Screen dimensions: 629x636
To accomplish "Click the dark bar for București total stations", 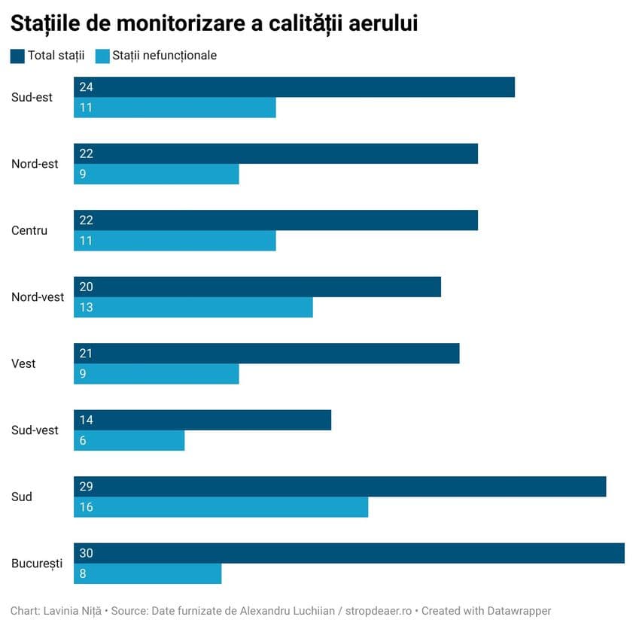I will click(348, 553).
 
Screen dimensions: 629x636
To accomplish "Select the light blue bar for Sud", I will click(221, 507).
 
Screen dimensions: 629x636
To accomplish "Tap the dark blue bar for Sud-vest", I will click(202, 420).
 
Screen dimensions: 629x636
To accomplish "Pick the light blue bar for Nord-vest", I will click(193, 307).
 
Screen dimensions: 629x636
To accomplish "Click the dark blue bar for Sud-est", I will click(294, 87).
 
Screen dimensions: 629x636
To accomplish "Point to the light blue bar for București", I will click(148, 573).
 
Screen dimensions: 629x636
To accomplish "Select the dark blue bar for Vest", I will click(266, 354).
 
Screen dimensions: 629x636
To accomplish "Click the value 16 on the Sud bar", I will click(86, 507).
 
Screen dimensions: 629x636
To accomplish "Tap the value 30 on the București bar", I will click(86, 553).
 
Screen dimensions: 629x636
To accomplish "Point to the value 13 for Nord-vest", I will click(86, 307).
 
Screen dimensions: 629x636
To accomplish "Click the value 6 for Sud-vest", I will click(83, 440).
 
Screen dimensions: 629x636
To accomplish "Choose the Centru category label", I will click(29, 230).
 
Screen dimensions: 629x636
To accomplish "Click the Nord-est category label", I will click(35, 164).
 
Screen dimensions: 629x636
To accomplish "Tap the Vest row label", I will click(23, 363).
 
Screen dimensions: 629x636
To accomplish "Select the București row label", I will click(37, 564).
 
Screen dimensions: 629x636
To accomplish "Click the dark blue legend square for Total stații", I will click(17, 56).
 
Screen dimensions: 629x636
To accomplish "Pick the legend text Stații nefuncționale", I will click(164, 56).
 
